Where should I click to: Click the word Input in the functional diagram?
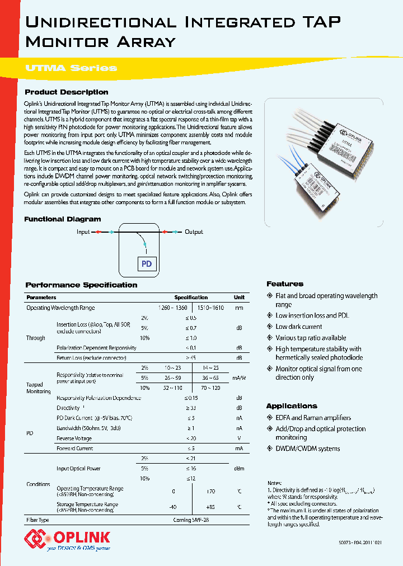pyautogui.click(x=83, y=232)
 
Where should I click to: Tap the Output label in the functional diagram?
pyautogui.click(x=194, y=232)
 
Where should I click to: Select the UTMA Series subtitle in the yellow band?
pyautogui.click(x=71, y=68)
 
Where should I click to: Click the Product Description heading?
pyautogui.click(x=67, y=92)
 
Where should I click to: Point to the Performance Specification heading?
pyautogui.click(x=81, y=285)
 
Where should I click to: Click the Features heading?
pyautogui.click(x=284, y=284)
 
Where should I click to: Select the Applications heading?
pyautogui.click(x=291, y=406)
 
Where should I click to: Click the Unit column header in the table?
pyautogui.click(x=238, y=298)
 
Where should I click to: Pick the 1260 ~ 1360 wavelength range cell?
pyautogui.click(x=173, y=308)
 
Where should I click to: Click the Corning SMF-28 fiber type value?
pyautogui.click(x=191, y=520)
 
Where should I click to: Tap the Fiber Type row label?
pyautogui.click(x=38, y=520)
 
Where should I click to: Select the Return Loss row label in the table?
pyautogui.click(x=91, y=358)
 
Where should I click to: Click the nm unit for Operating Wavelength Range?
pyautogui.click(x=238, y=308)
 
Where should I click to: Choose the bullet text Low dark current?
pyautogui.click(x=298, y=327)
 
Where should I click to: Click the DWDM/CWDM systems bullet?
pyautogui.click(x=307, y=449)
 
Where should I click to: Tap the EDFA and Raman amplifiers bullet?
pyautogui.click(x=313, y=418)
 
